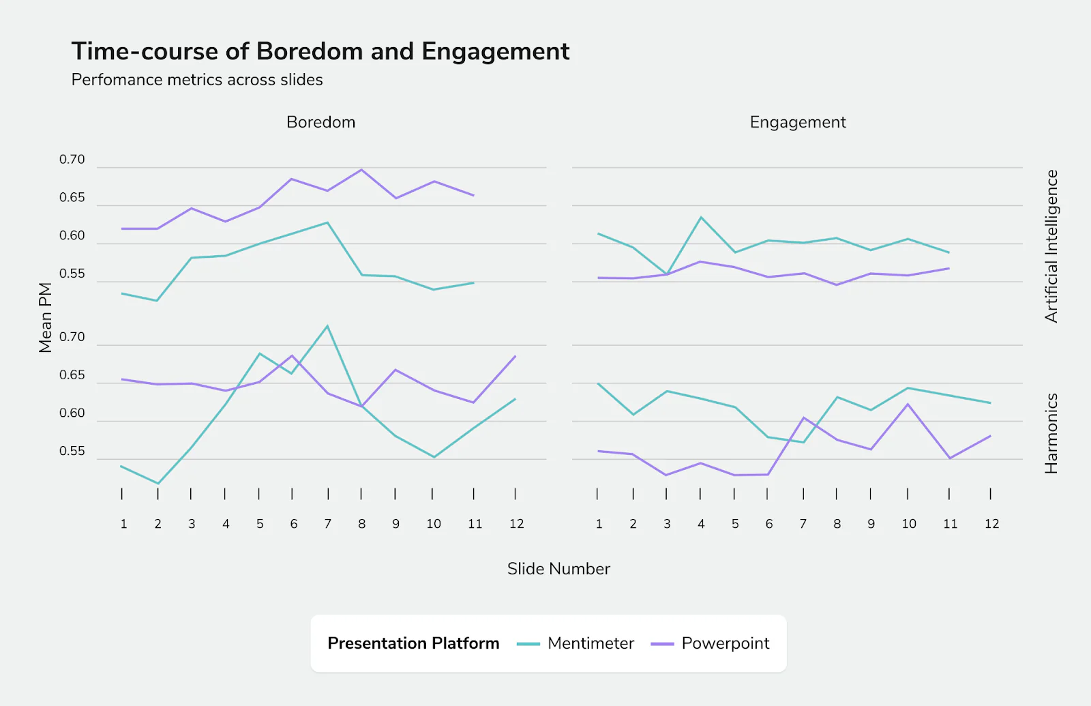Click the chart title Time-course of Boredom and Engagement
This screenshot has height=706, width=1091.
point(320,52)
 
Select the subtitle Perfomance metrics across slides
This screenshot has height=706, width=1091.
point(197,80)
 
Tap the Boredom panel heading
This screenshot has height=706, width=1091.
point(320,122)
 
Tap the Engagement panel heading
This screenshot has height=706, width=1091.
point(798,122)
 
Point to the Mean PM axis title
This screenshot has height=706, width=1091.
point(45,317)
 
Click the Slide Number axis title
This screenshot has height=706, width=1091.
point(558,569)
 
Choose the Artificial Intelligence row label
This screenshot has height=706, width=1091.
point(1051,246)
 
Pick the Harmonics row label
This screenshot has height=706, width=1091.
point(1051,433)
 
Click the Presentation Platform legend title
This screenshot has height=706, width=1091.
point(413,643)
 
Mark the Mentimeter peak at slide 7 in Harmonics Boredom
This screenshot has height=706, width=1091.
point(328,326)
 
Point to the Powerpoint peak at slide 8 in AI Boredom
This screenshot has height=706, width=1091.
point(361,170)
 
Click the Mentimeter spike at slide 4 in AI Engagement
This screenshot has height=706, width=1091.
point(701,218)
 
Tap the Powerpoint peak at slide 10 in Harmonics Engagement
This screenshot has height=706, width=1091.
point(908,404)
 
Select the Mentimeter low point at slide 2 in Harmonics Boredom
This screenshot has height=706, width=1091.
point(158,484)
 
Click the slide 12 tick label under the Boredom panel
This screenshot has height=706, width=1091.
point(516,524)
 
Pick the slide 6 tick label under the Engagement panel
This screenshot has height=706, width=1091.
point(769,524)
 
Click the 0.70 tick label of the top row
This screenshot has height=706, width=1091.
point(72,160)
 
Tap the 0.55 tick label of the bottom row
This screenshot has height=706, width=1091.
point(72,451)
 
